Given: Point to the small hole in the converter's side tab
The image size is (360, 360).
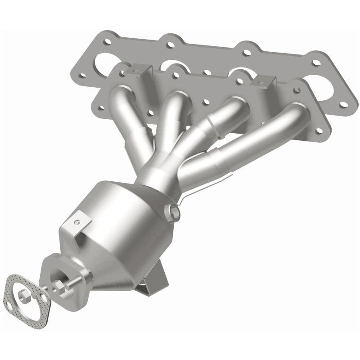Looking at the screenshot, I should [78, 221].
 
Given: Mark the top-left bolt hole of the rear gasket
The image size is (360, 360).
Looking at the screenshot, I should [107, 42].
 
